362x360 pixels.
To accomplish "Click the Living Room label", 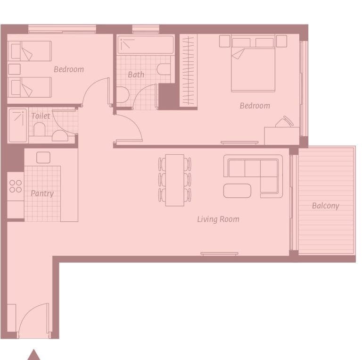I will point(218,219).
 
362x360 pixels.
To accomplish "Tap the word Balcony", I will point(325,206).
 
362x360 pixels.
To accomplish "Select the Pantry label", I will point(42,193).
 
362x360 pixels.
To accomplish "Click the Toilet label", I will point(41,116).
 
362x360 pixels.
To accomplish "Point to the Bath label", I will point(136,74).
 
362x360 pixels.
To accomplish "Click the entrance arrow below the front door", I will point(33,355).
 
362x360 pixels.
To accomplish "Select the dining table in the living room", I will point(174,180).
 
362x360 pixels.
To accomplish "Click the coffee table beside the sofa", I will point(237,191).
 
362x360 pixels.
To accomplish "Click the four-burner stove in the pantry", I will point(16,186).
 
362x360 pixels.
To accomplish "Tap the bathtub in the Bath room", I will point(145,45).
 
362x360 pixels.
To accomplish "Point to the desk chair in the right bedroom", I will point(284,122).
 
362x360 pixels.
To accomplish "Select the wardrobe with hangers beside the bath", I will point(189,69).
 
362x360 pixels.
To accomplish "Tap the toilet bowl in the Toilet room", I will point(39,129).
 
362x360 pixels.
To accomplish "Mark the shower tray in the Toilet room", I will point(18,125).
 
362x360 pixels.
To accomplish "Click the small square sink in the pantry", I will point(43,157).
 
